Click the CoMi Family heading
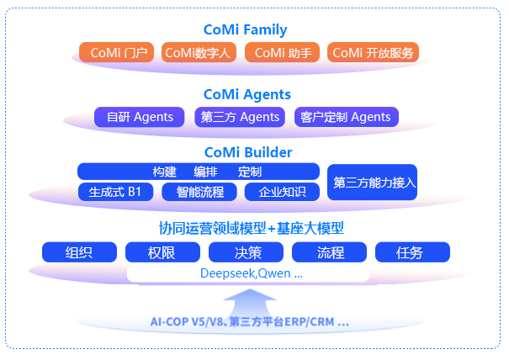[245, 30]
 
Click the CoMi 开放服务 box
[373, 53]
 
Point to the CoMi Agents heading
[247, 95]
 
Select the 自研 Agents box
[140, 118]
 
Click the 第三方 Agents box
[240, 118]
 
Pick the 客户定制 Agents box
[346, 118]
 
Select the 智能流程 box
[199, 192]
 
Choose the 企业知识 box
[282, 192]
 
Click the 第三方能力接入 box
[372, 182]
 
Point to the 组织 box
[78, 252]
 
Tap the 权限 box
[162, 252]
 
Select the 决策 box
[247, 252]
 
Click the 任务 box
[411, 252]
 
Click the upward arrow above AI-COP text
[250, 299]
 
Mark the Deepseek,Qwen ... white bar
[248, 273]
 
